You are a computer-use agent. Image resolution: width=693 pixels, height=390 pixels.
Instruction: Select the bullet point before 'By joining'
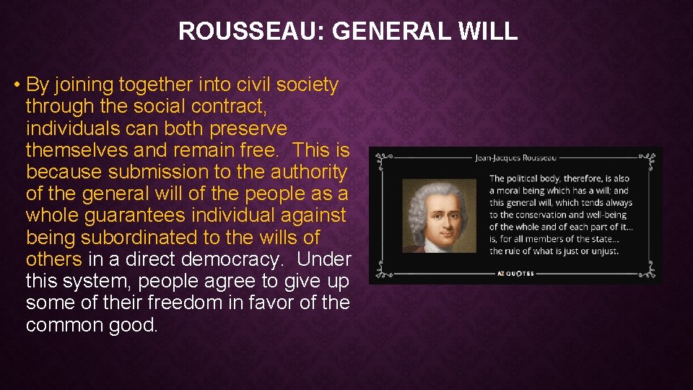point(16,85)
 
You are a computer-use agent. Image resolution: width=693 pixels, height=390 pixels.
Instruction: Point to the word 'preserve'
point(248,129)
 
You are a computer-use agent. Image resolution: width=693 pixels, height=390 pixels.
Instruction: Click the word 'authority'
point(308,172)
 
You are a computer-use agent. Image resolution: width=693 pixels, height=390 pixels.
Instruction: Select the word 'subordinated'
point(152,237)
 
